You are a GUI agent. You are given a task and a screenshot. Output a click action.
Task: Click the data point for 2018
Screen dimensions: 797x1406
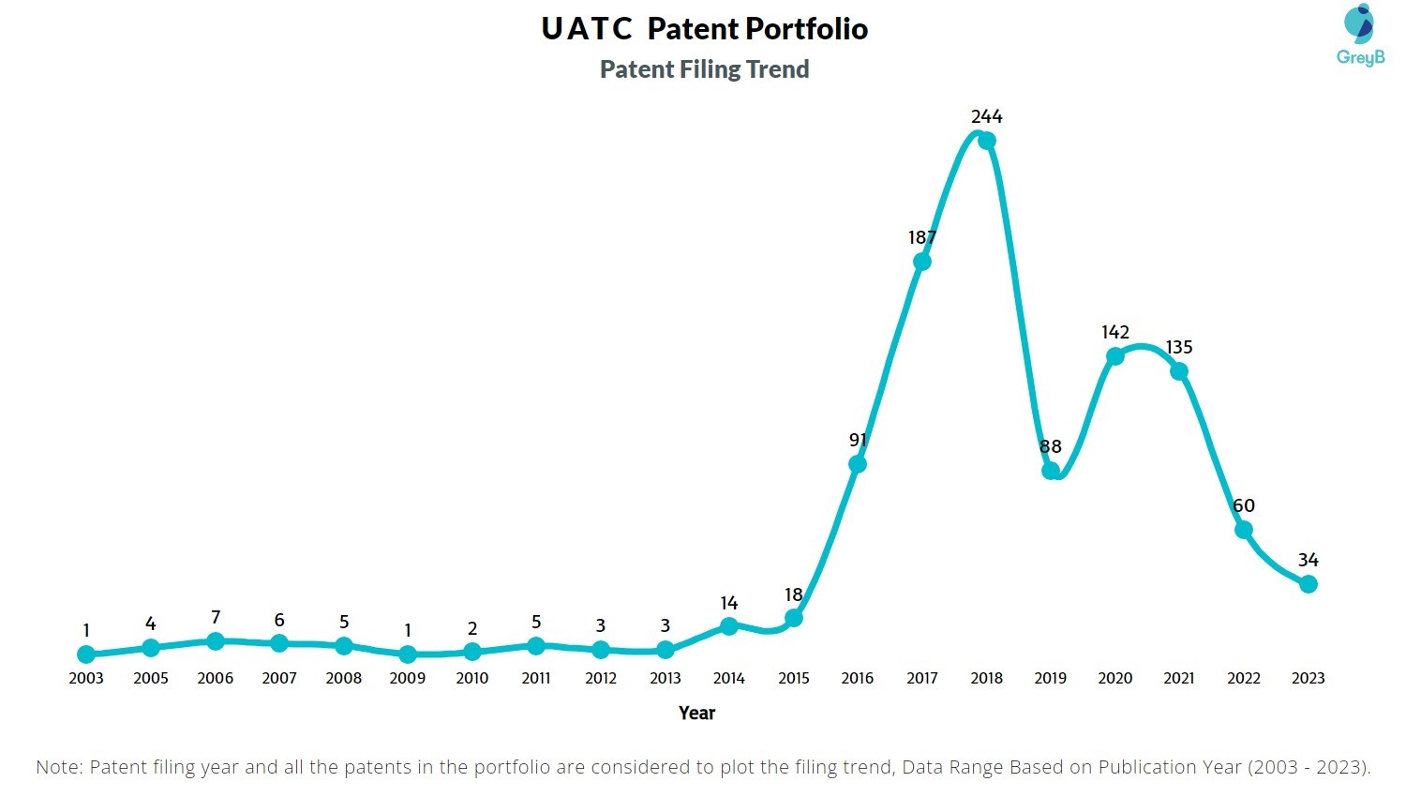point(986,141)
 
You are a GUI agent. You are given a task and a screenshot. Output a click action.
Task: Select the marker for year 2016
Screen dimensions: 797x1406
point(857,464)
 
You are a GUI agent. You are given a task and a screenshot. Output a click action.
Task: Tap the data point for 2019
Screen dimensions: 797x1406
point(1051,470)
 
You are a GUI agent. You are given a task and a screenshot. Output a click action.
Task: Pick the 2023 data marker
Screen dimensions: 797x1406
point(1309,584)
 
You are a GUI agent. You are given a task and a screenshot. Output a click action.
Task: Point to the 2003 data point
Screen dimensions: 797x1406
point(86,654)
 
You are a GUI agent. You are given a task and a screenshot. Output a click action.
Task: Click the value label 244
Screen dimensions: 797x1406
point(986,116)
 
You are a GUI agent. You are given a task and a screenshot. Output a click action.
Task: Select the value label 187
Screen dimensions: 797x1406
point(921,237)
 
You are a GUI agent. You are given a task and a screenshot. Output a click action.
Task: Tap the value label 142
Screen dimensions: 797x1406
point(1114,332)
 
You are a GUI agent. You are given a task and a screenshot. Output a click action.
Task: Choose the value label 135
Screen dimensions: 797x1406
point(1179,347)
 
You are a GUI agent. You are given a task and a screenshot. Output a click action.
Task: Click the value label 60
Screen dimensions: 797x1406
point(1244,505)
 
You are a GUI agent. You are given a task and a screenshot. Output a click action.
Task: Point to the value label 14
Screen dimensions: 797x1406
point(728,603)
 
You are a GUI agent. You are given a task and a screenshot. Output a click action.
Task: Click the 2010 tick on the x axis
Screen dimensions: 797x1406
point(471,678)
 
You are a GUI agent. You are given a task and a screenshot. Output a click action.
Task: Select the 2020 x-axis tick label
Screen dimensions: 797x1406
point(1114,678)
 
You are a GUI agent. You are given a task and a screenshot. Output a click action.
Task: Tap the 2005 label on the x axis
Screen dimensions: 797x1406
point(150,678)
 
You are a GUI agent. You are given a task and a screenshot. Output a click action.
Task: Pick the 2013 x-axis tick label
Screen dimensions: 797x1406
point(665,678)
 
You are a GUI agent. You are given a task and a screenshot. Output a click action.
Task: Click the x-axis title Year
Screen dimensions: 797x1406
point(696,713)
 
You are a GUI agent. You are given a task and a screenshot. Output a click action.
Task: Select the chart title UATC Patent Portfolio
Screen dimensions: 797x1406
point(704,29)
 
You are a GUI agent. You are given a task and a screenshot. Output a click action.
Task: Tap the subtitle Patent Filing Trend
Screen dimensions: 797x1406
point(704,69)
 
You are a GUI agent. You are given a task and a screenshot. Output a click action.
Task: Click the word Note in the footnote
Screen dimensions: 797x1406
point(58,767)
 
